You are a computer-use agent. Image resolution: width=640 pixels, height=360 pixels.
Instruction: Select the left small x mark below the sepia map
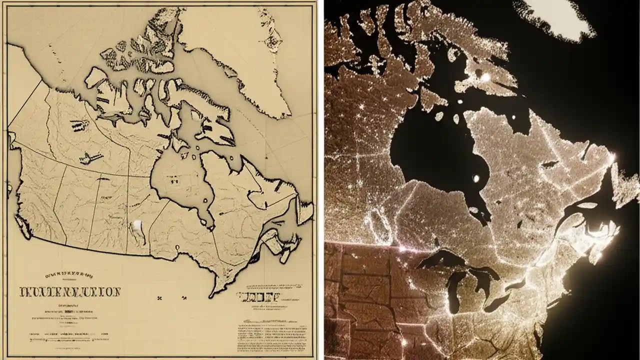point(160,298)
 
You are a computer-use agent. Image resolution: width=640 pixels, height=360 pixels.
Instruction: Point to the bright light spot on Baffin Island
point(484,76)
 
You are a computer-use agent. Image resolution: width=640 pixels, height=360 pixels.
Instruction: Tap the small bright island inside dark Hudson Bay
point(475,177)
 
